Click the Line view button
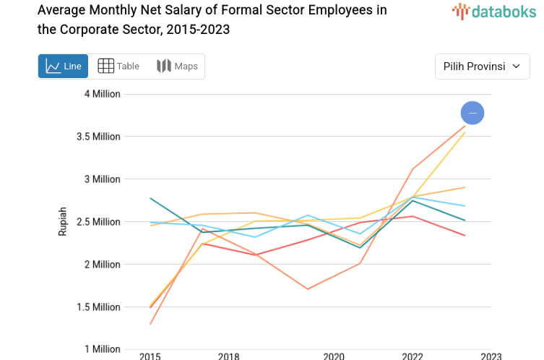tap(63, 67)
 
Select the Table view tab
tap(118, 67)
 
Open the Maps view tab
tap(177, 67)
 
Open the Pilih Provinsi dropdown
tap(482, 67)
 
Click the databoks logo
tap(494, 11)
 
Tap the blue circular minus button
tap(472, 113)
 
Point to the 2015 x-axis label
tap(150, 356)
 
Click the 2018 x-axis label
tap(228, 356)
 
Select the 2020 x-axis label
tap(334, 356)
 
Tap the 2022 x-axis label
tap(413, 356)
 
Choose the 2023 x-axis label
tap(491, 356)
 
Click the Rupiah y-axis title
tap(63, 221)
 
